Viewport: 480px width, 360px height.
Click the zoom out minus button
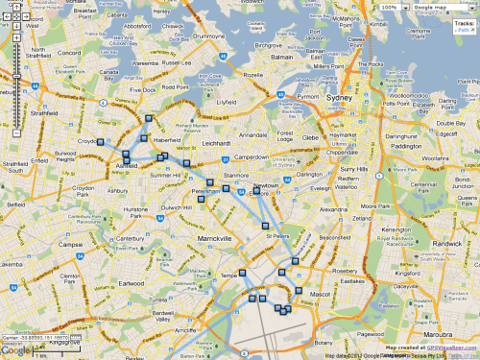17,133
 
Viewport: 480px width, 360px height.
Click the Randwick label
454,242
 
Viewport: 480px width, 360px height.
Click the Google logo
14,351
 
